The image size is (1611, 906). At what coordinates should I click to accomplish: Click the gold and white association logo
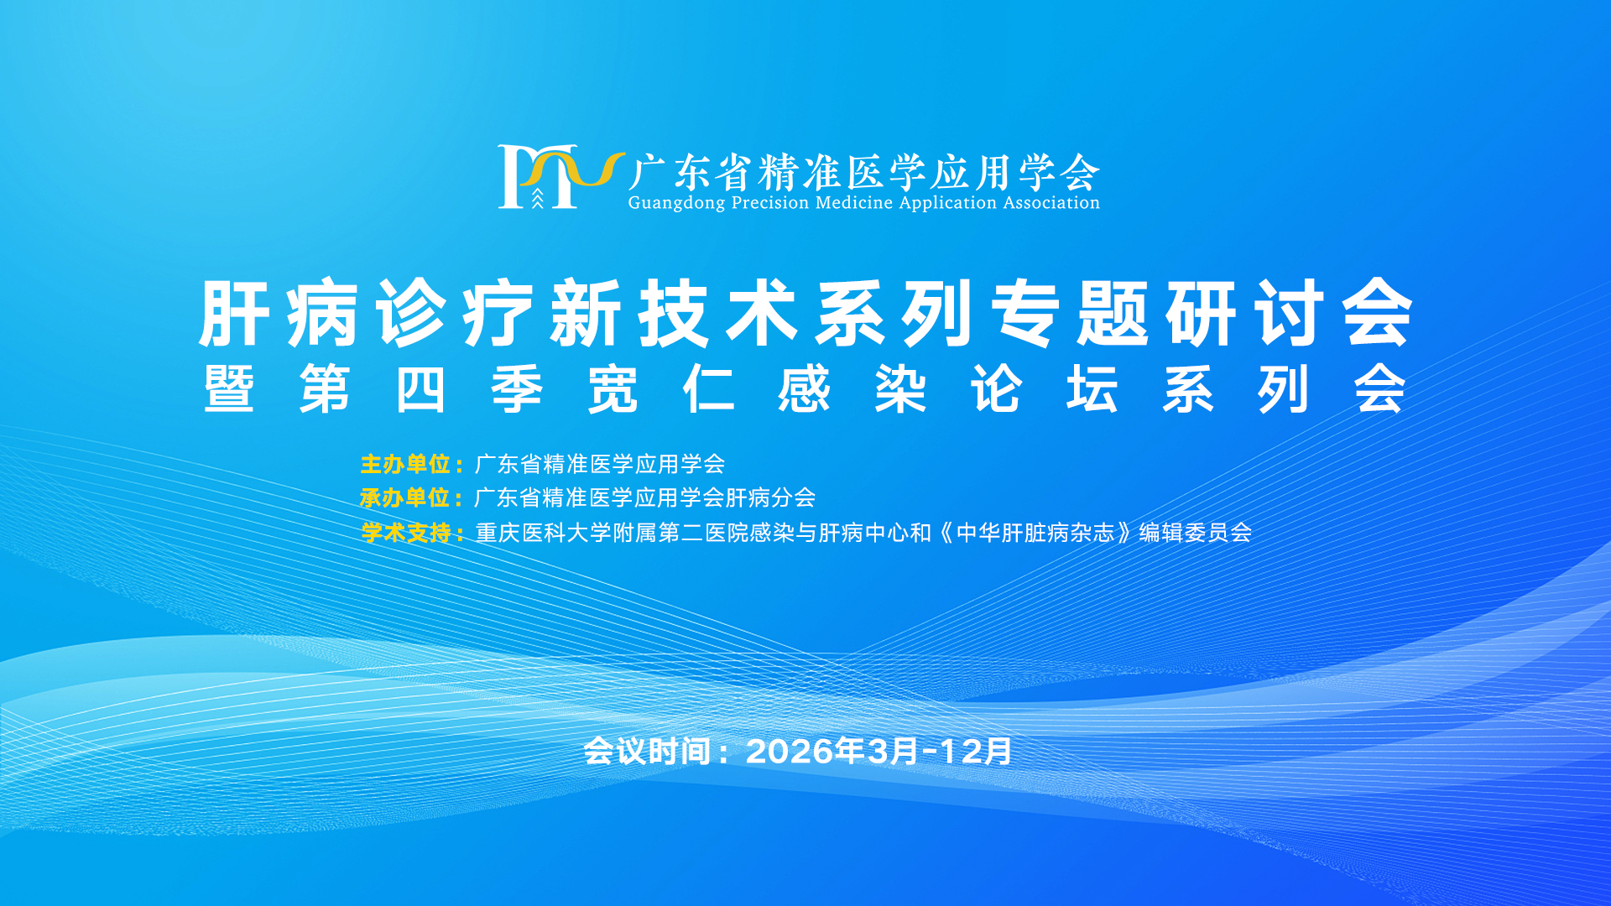[x=560, y=176]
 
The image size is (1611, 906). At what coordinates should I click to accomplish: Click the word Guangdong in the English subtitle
[x=676, y=203]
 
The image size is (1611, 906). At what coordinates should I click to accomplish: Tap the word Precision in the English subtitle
[x=770, y=202]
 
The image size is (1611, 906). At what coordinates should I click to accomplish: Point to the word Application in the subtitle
[x=948, y=203]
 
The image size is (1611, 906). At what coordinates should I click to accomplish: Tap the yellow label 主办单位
[x=405, y=464]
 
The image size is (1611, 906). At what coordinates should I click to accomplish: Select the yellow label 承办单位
[x=405, y=498]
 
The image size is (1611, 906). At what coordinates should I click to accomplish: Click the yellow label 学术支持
[x=406, y=533]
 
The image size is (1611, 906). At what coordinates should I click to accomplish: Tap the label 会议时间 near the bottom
[x=648, y=752]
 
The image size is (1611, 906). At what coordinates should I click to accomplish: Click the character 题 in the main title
[x=1113, y=314]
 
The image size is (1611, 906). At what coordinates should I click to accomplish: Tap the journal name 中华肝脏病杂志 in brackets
[x=1035, y=533]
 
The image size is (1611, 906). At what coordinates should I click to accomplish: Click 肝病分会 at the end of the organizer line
[x=770, y=498]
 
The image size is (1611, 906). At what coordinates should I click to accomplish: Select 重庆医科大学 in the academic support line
[x=543, y=533]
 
